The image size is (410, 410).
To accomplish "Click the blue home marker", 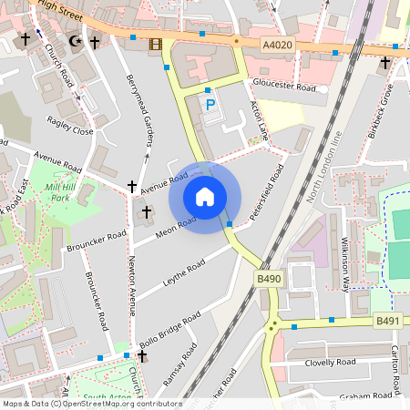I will tap(205, 197).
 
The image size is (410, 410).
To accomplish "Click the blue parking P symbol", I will tap(211, 106).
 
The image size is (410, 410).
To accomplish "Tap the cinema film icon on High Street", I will tap(155, 44).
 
